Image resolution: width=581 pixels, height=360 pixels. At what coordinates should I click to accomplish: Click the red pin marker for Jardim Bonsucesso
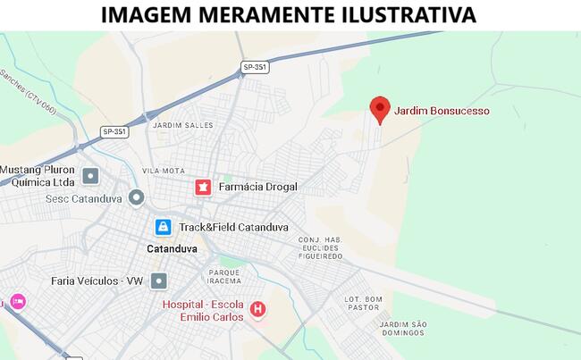380,109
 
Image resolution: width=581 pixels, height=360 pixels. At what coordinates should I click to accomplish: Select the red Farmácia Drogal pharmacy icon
203,187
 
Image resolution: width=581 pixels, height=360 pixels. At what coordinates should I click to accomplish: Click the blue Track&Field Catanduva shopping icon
163,227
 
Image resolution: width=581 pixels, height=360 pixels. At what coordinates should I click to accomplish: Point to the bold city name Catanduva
172,249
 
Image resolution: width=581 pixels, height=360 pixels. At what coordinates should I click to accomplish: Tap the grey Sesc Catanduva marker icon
136,197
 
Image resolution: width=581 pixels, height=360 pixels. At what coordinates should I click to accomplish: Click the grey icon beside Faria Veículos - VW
159,281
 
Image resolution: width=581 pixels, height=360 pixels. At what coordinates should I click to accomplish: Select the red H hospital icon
258,309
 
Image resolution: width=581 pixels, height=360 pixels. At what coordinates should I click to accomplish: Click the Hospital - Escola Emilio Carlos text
204,310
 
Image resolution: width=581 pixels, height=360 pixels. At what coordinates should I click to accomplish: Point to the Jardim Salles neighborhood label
183,125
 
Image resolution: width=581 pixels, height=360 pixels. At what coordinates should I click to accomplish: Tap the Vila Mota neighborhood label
164,171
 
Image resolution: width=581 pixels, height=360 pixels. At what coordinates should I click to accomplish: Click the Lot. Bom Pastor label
364,304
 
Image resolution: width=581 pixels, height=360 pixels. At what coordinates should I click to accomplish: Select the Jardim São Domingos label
401,328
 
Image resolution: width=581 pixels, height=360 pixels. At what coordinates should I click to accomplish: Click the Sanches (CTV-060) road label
27,95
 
